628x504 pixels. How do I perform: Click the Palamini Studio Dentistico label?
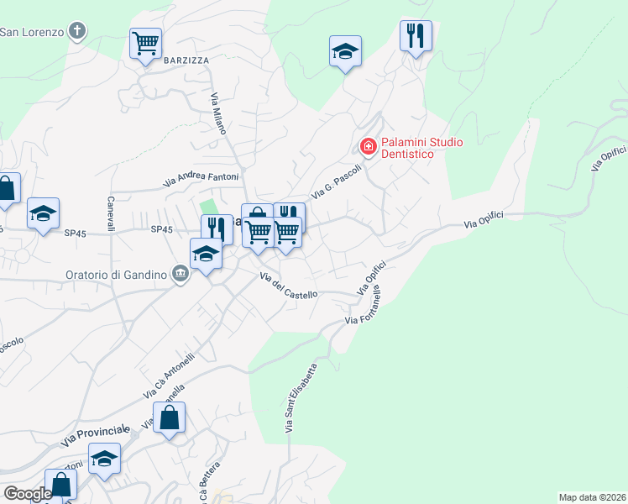421,149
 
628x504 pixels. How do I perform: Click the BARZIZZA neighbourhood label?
186,60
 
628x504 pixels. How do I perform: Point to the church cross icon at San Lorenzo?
77,32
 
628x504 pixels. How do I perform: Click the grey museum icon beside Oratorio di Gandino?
180,275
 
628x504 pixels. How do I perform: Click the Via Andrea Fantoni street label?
201,178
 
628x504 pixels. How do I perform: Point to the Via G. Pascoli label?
337,181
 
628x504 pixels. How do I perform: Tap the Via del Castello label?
289,286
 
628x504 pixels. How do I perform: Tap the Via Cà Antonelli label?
168,375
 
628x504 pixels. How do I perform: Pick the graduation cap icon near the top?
345,50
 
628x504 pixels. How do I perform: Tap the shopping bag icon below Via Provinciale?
170,417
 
